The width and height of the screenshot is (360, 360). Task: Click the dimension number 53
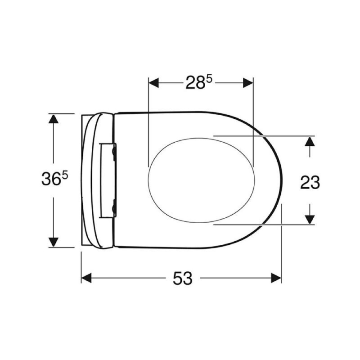tap(183, 278)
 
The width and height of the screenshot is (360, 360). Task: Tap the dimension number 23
tap(310, 182)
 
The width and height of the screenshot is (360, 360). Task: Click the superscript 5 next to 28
tap(209, 80)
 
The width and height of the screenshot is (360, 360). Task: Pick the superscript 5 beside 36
tap(65, 176)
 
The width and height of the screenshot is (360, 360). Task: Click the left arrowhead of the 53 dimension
tap(86, 278)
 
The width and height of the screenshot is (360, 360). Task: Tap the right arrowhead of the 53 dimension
tap(276, 278)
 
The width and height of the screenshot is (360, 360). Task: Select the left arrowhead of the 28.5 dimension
tap(153, 83)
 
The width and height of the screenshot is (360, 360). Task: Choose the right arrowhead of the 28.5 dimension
tap(248, 83)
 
